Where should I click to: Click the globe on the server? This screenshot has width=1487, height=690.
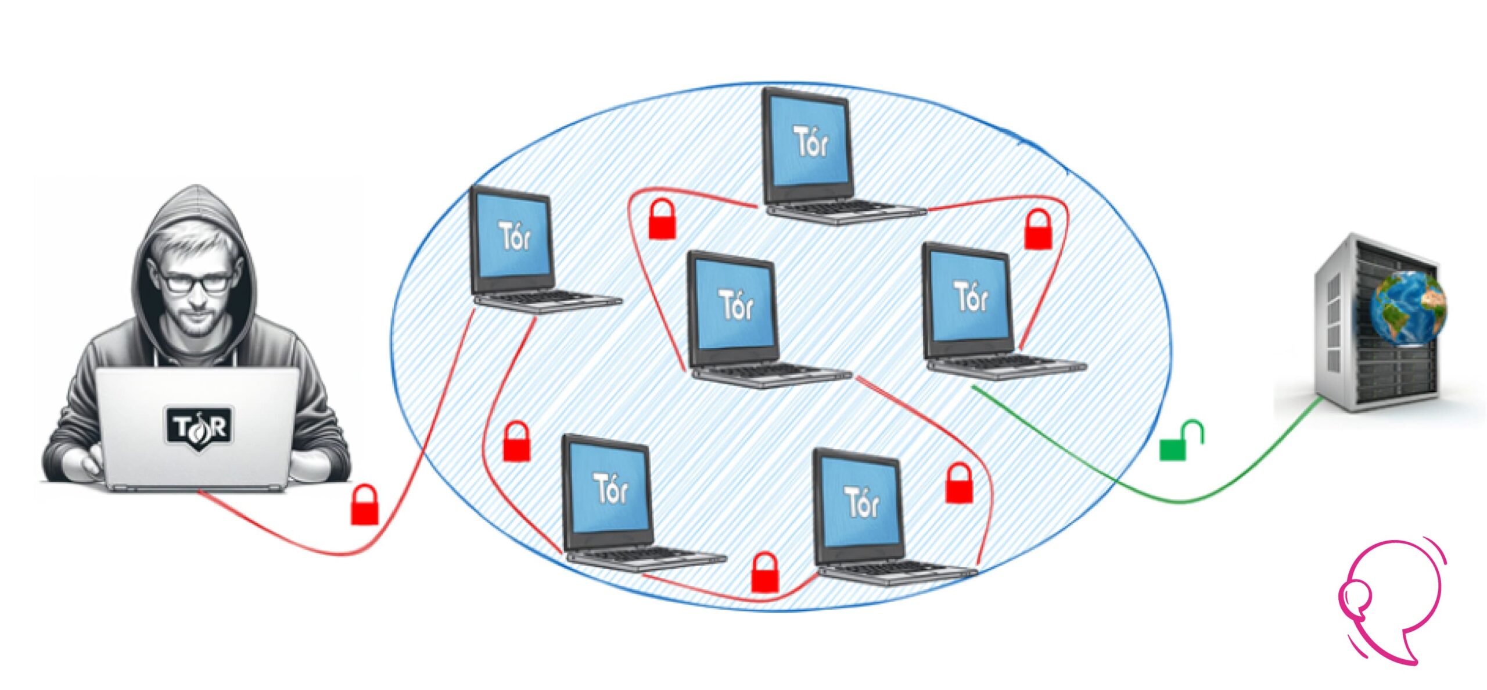pos(1407,308)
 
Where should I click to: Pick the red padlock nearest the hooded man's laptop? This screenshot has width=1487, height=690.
pos(365,506)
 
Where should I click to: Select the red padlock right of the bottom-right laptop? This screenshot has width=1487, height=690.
pos(959,484)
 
